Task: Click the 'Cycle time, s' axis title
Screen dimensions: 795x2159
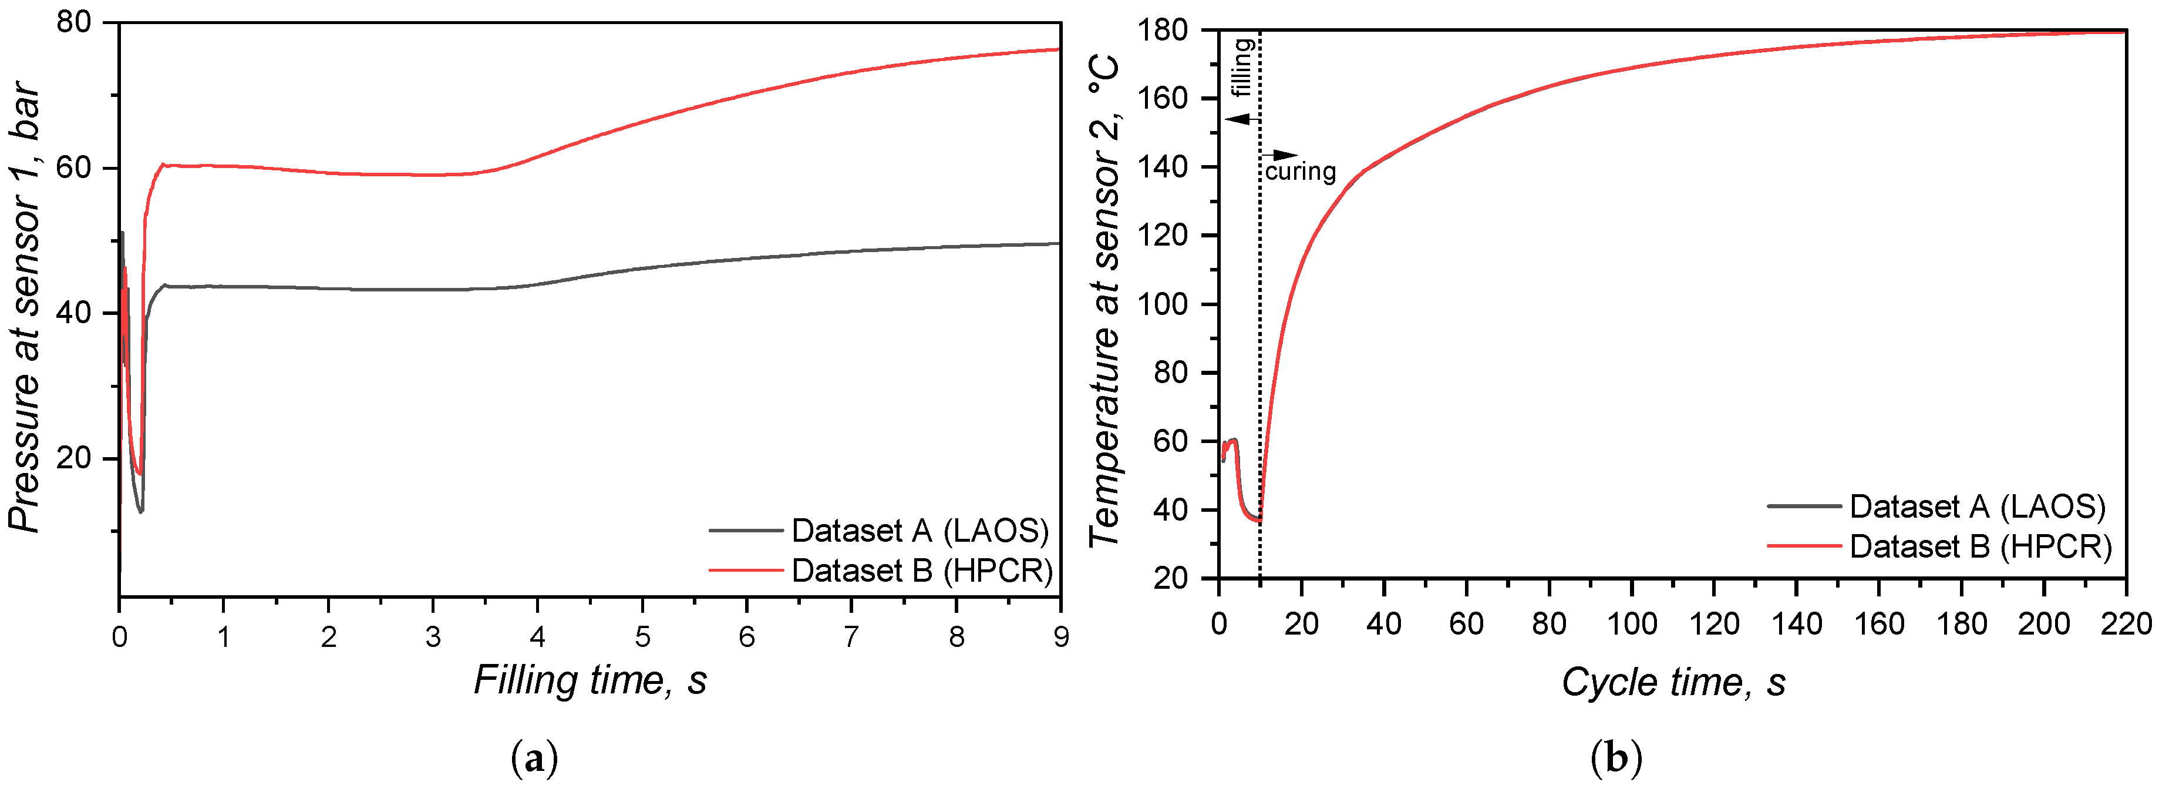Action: coord(1673,682)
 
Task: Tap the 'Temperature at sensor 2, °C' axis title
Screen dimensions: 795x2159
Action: coord(1104,302)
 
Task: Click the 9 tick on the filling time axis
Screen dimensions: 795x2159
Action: coord(1061,638)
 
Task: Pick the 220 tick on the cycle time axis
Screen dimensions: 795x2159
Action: coord(2126,624)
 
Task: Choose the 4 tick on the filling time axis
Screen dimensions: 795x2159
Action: coord(537,638)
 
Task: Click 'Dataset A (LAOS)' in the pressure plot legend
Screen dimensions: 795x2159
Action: coord(920,531)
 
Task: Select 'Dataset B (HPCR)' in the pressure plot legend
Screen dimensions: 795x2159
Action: coord(922,571)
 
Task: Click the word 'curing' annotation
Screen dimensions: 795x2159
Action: coord(1300,172)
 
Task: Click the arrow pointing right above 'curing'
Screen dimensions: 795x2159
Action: coord(1280,155)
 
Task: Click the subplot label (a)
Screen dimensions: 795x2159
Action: coord(534,759)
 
